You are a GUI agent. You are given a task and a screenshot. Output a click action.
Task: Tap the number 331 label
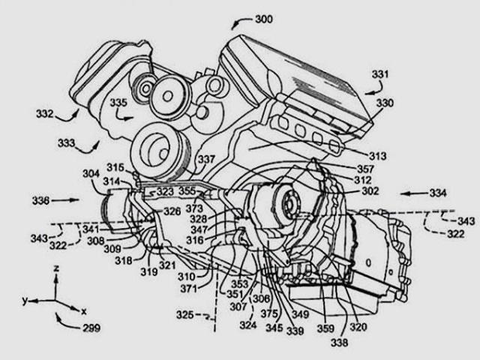[381, 73]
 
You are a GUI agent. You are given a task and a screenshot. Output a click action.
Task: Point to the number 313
[377, 156]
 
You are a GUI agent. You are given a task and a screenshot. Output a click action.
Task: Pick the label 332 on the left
[45, 114]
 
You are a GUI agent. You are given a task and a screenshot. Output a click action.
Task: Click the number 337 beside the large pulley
[206, 158]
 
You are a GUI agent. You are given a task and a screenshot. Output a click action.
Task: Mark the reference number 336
[42, 201]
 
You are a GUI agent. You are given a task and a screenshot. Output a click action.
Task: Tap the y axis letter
[25, 300]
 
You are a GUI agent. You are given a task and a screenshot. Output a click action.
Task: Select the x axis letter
[83, 310]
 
